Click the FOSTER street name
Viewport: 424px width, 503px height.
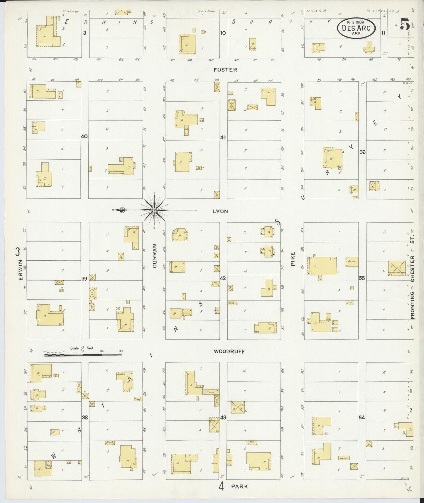[225, 70]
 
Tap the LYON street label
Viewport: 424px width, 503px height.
[220, 211]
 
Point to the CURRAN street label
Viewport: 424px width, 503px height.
[155, 256]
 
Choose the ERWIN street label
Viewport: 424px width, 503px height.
[21, 270]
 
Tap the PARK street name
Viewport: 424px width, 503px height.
[239, 486]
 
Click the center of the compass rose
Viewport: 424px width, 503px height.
[154, 210]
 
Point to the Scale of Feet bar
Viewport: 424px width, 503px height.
[83, 355]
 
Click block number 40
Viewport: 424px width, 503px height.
[85, 136]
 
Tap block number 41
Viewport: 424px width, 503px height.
[223, 137]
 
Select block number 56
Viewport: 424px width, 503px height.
[362, 152]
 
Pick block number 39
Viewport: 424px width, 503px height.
[85, 279]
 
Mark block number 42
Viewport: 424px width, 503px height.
[223, 278]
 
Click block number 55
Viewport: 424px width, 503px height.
[362, 278]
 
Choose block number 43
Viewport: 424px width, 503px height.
[223, 417]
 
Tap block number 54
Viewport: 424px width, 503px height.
[362, 417]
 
